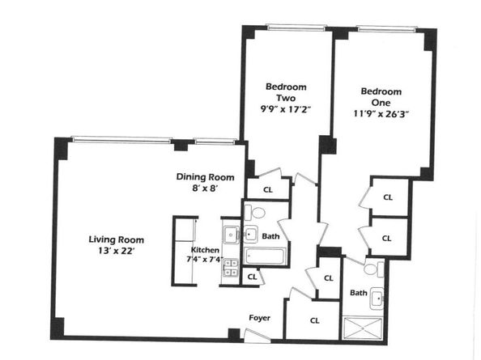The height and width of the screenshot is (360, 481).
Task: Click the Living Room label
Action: click(117, 239)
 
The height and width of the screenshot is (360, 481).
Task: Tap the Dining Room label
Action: click(205, 177)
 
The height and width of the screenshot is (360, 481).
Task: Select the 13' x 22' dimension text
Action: click(117, 251)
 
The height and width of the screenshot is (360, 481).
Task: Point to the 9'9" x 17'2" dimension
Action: click(286, 109)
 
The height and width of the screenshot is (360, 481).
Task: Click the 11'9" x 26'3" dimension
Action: click(381, 114)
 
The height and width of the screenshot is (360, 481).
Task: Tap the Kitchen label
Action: click(205, 250)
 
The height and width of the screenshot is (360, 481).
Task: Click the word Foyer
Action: click(259, 318)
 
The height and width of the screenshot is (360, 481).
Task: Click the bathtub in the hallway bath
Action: click(266, 256)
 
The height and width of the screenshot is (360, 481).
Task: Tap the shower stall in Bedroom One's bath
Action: click(363, 328)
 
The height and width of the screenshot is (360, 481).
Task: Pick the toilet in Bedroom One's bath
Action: click(374, 269)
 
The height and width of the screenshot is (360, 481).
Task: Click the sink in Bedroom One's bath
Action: click(377, 298)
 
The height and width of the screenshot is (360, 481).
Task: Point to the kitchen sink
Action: click(232, 235)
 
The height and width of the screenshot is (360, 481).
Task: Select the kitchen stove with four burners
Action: click(232, 268)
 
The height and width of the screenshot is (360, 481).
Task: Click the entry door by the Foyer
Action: click(257, 336)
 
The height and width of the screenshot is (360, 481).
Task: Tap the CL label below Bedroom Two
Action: click(268, 189)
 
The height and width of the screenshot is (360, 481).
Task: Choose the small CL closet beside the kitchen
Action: click(252, 277)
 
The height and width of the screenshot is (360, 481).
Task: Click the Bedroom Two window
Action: click(296, 28)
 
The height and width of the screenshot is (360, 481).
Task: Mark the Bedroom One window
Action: click(386, 29)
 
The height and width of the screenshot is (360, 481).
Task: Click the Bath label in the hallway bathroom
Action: click(271, 236)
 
